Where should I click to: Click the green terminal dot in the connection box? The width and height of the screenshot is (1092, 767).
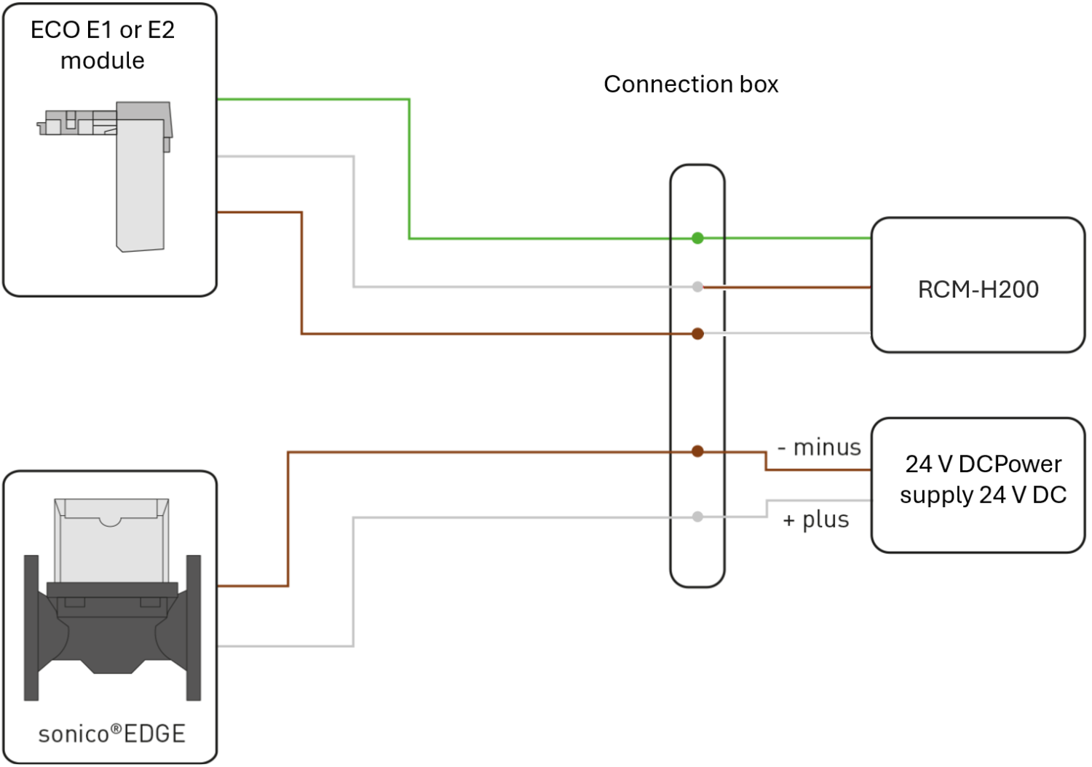(x=697, y=238)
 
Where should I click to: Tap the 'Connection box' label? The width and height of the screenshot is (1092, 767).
(x=691, y=84)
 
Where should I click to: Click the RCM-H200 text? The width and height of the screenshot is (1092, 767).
(x=978, y=290)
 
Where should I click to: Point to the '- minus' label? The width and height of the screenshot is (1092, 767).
(x=820, y=448)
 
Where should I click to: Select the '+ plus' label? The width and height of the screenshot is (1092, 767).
(x=815, y=520)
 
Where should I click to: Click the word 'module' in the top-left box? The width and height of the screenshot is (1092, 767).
(x=103, y=61)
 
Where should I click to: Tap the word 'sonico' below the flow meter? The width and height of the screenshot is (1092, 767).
(x=74, y=734)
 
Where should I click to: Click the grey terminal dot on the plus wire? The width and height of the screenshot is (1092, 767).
(x=697, y=517)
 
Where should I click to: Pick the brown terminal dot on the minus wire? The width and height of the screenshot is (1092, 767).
(x=697, y=451)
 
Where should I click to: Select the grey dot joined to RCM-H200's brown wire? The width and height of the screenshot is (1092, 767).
(x=697, y=287)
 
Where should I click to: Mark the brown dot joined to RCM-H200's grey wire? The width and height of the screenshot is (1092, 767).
(x=697, y=334)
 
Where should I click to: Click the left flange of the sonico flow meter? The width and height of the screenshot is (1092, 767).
(x=31, y=627)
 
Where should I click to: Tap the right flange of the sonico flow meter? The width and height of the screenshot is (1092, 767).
(x=194, y=627)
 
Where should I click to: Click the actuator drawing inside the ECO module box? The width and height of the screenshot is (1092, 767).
(x=140, y=176)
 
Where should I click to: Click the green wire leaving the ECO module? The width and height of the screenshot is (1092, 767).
(x=409, y=169)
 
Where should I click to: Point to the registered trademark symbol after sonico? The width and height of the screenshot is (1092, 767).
(x=116, y=729)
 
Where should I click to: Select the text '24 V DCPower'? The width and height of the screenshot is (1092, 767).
(x=984, y=464)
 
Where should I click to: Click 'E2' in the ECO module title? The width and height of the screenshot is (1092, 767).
(x=160, y=31)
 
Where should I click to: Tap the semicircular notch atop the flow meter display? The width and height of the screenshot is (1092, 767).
(x=110, y=522)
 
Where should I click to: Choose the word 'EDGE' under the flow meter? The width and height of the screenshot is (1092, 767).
(x=154, y=734)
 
